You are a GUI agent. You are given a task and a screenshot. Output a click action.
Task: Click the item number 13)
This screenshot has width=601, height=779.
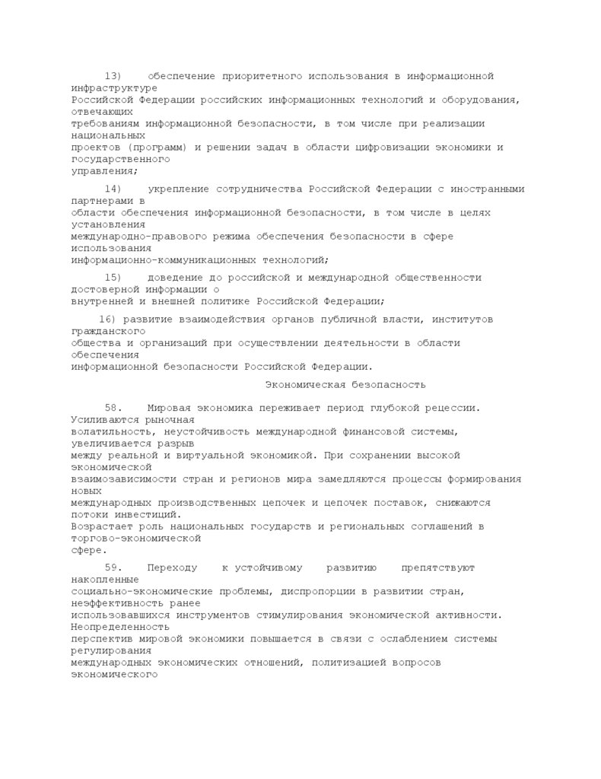113,76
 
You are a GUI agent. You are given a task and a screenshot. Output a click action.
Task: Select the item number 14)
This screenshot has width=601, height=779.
113,189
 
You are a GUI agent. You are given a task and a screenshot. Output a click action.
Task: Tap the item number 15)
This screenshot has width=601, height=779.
113,278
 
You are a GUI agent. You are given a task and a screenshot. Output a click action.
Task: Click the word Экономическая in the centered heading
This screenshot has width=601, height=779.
302,385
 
